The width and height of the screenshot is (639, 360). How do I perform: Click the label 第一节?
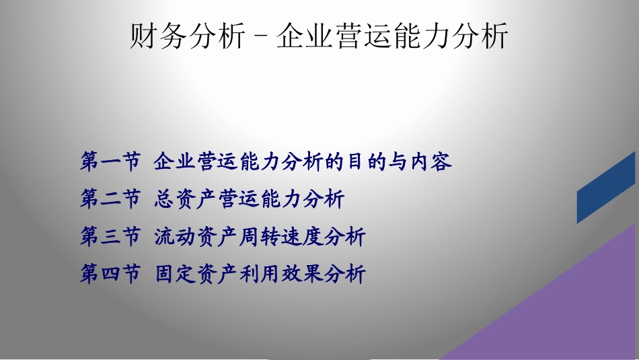tap(110, 161)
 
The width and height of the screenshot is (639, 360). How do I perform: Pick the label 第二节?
tap(110, 199)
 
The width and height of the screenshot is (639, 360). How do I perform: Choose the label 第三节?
tap(110, 237)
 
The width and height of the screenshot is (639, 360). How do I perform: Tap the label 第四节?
tap(110, 275)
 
